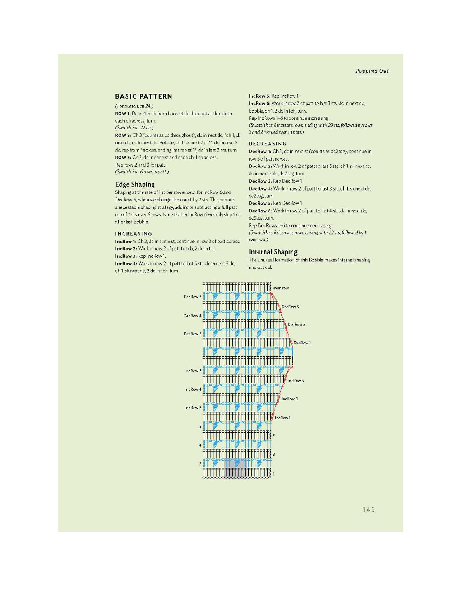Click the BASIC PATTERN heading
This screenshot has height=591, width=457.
143,96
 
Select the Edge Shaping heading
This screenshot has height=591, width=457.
135,184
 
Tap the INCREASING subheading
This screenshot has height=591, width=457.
133,234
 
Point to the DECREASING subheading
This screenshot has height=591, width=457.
267,144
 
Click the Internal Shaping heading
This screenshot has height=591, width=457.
273,252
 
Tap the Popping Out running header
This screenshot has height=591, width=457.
372,71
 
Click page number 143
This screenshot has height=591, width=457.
368,509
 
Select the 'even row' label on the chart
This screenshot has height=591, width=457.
281,288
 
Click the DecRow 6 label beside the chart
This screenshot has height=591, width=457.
192,297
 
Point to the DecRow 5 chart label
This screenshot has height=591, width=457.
290,307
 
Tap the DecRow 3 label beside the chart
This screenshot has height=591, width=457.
296,325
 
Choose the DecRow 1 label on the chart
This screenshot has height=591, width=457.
302,343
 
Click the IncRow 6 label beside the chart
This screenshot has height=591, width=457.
193,371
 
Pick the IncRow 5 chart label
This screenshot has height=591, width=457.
296,381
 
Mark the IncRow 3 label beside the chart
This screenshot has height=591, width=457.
290,399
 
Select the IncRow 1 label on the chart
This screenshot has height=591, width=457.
282,418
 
